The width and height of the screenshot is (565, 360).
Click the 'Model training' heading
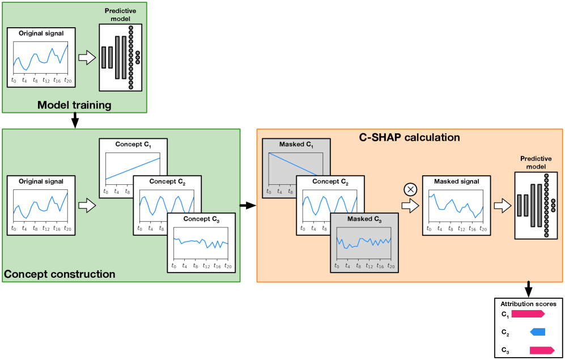coord(74,105)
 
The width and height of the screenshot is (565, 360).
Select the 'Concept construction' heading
coord(60,274)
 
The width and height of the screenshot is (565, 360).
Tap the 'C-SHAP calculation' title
coord(409,137)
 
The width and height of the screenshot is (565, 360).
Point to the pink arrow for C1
coord(528,314)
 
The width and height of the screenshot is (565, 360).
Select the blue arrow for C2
coord(537,332)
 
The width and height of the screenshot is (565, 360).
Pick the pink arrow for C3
coord(541,350)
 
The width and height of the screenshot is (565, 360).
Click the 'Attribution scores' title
coord(528,304)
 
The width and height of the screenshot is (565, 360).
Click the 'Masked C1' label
coord(296,145)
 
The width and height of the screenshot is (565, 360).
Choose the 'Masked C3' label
coord(363,219)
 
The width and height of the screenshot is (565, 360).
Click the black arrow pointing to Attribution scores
coord(528,288)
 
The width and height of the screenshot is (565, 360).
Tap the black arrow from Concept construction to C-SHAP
coord(248,205)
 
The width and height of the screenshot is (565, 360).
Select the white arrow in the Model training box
coord(87,57)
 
